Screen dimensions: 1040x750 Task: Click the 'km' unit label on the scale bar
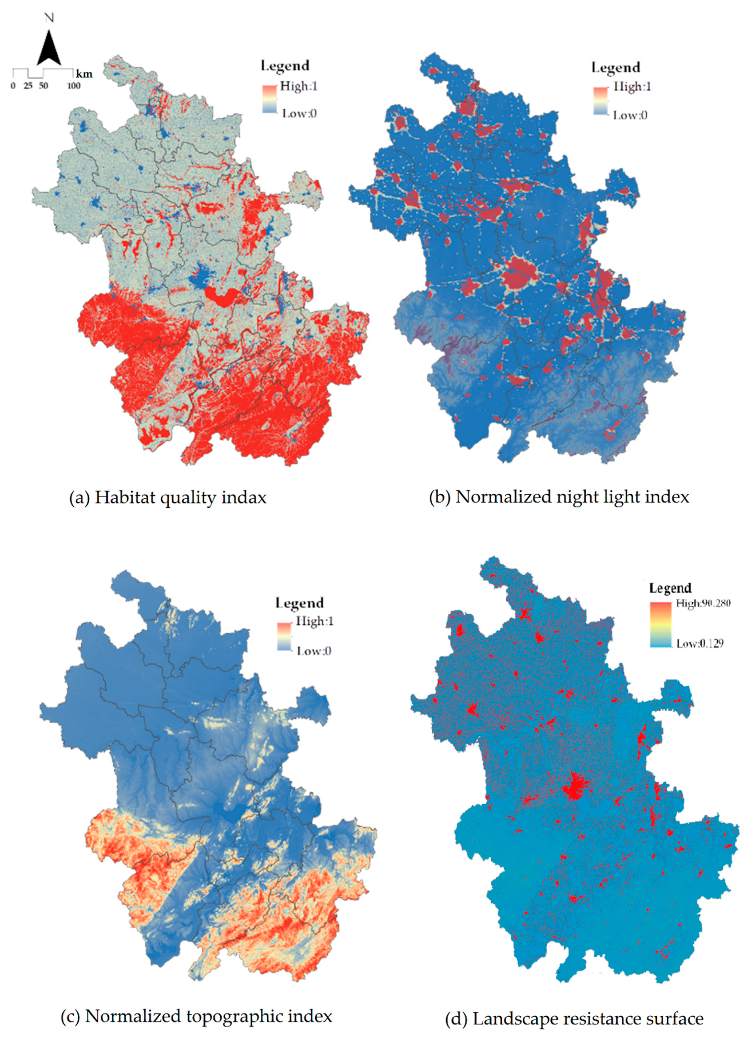(84, 74)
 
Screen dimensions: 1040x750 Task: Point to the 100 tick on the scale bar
(74, 86)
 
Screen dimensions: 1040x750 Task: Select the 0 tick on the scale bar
(13, 86)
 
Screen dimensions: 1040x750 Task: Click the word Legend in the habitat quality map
(285, 66)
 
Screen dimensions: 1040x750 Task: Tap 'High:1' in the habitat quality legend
(299, 86)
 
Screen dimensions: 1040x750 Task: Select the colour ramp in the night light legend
(600, 100)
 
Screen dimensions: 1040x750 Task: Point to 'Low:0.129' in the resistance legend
(700, 643)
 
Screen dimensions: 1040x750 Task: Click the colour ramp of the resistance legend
(660, 624)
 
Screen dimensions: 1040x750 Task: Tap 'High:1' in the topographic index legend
(314, 621)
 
